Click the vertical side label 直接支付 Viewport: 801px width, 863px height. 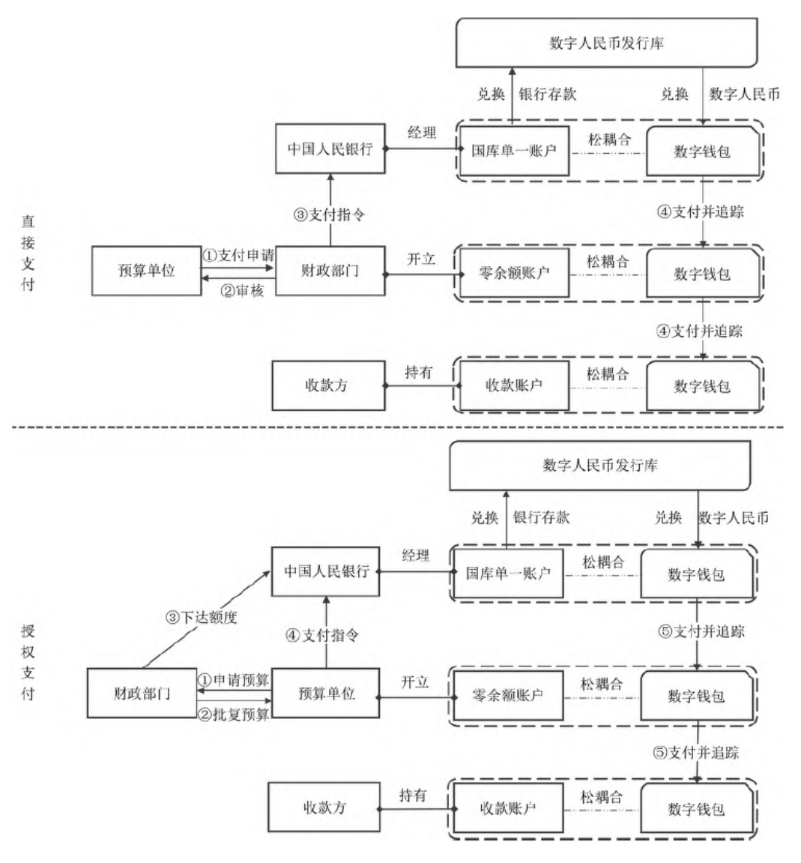click(28, 253)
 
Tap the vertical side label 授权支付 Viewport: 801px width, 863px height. click(28, 662)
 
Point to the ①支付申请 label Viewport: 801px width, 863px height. click(238, 255)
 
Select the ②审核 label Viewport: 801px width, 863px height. click(241, 291)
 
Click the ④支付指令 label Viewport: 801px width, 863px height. click(322, 635)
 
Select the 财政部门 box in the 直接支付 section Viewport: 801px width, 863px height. click(330, 271)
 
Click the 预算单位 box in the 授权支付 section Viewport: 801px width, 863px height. click(326, 694)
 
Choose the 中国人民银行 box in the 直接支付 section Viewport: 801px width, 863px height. click(330, 148)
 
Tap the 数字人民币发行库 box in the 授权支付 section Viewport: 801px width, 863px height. click(599, 465)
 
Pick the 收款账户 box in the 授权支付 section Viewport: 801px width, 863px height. click(507, 808)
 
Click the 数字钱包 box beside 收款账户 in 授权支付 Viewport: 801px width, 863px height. click(696, 809)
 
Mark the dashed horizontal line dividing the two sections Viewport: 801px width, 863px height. click(397, 427)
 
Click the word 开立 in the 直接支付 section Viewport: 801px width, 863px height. click(421, 259)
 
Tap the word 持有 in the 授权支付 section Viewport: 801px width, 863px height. click(413, 795)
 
